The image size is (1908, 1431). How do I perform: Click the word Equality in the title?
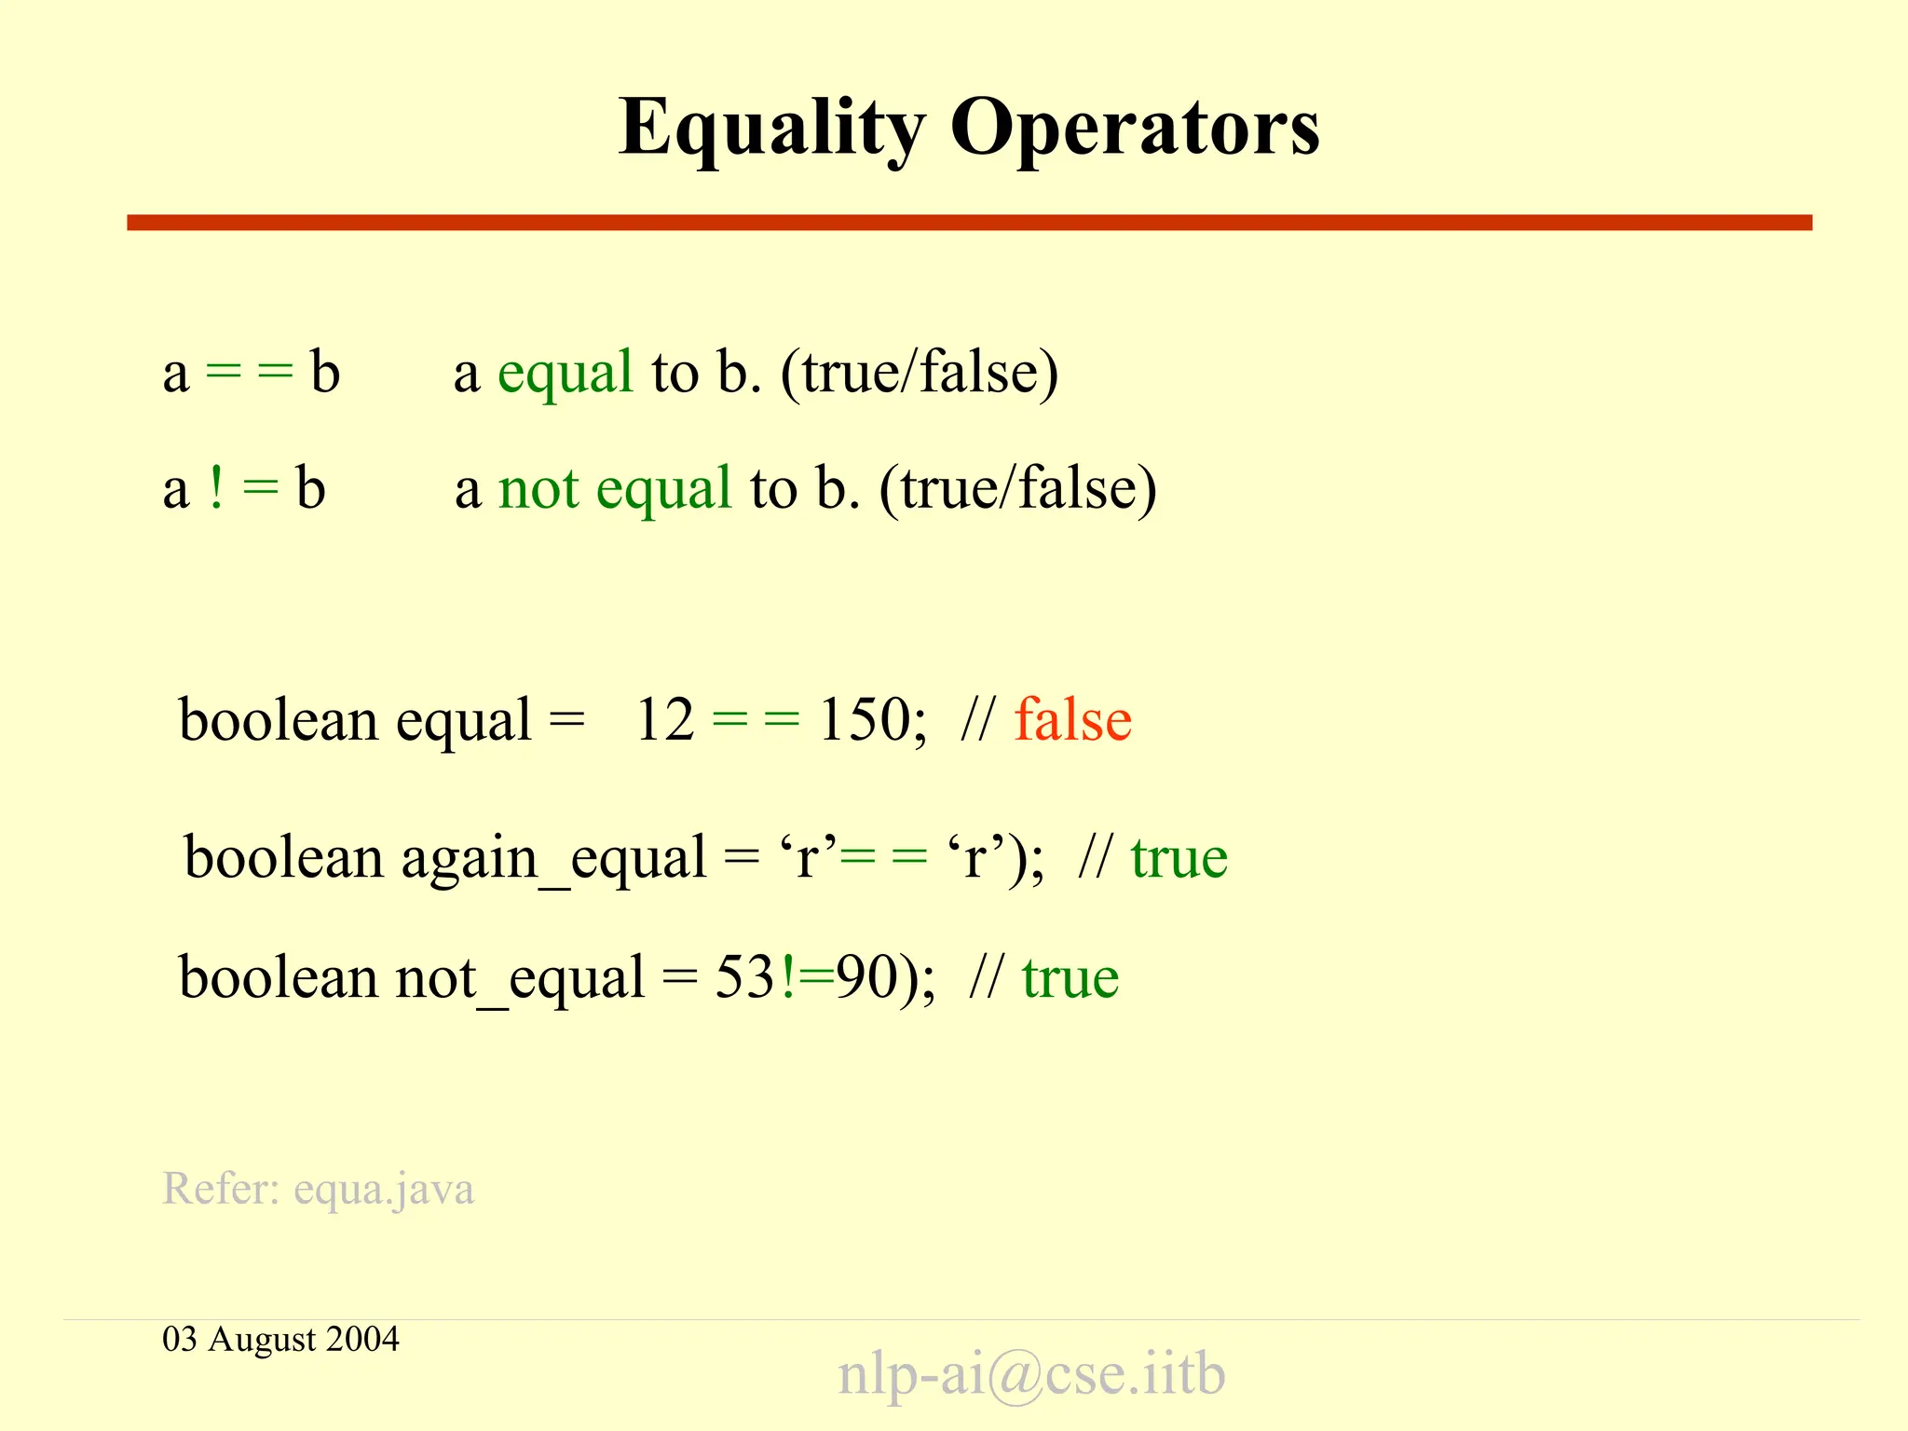[x=771, y=129]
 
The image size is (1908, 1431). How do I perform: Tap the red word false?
[x=1072, y=720]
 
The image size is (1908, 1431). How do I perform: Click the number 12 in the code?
[x=664, y=720]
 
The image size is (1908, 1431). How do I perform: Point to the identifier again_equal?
[x=553, y=857]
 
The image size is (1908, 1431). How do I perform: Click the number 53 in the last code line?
[x=744, y=978]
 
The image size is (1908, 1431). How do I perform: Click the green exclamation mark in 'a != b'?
[x=216, y=487]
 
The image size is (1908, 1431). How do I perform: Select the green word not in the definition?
[x=538, y=488]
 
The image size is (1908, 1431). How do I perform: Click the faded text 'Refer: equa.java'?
[x=319, y=1189]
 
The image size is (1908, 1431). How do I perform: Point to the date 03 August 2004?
[x=280, y=1339]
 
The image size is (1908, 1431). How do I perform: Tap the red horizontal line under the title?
[x=969, y=223]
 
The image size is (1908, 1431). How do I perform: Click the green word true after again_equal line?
[x=1179, y=857]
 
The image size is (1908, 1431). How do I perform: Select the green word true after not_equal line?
[x=1070, y=978]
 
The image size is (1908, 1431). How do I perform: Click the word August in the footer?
[x=262, y=1340]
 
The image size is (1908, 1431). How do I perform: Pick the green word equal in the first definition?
[x=566, y=373]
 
